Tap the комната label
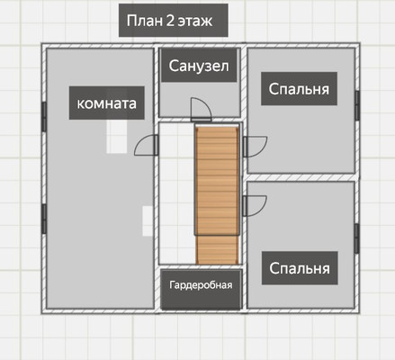107,103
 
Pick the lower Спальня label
298,268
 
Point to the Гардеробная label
202,285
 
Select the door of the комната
145,147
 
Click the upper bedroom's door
254,147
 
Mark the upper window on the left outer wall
43,114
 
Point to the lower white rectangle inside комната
148,220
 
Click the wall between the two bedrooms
301,177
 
